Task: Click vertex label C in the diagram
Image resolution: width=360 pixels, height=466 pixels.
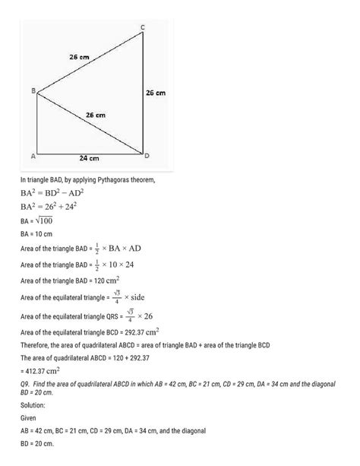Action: point(144,28)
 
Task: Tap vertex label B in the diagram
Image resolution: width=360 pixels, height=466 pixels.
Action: point(33,90)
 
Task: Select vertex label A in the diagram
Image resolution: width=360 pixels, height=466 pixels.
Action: point(33,157)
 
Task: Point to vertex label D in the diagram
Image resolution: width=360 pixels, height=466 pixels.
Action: point(147,156)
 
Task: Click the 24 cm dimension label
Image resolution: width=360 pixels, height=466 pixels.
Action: point(90,159)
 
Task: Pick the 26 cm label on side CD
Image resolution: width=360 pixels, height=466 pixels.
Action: point(155,93)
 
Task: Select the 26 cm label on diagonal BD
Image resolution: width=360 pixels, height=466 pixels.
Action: point(94,114)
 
